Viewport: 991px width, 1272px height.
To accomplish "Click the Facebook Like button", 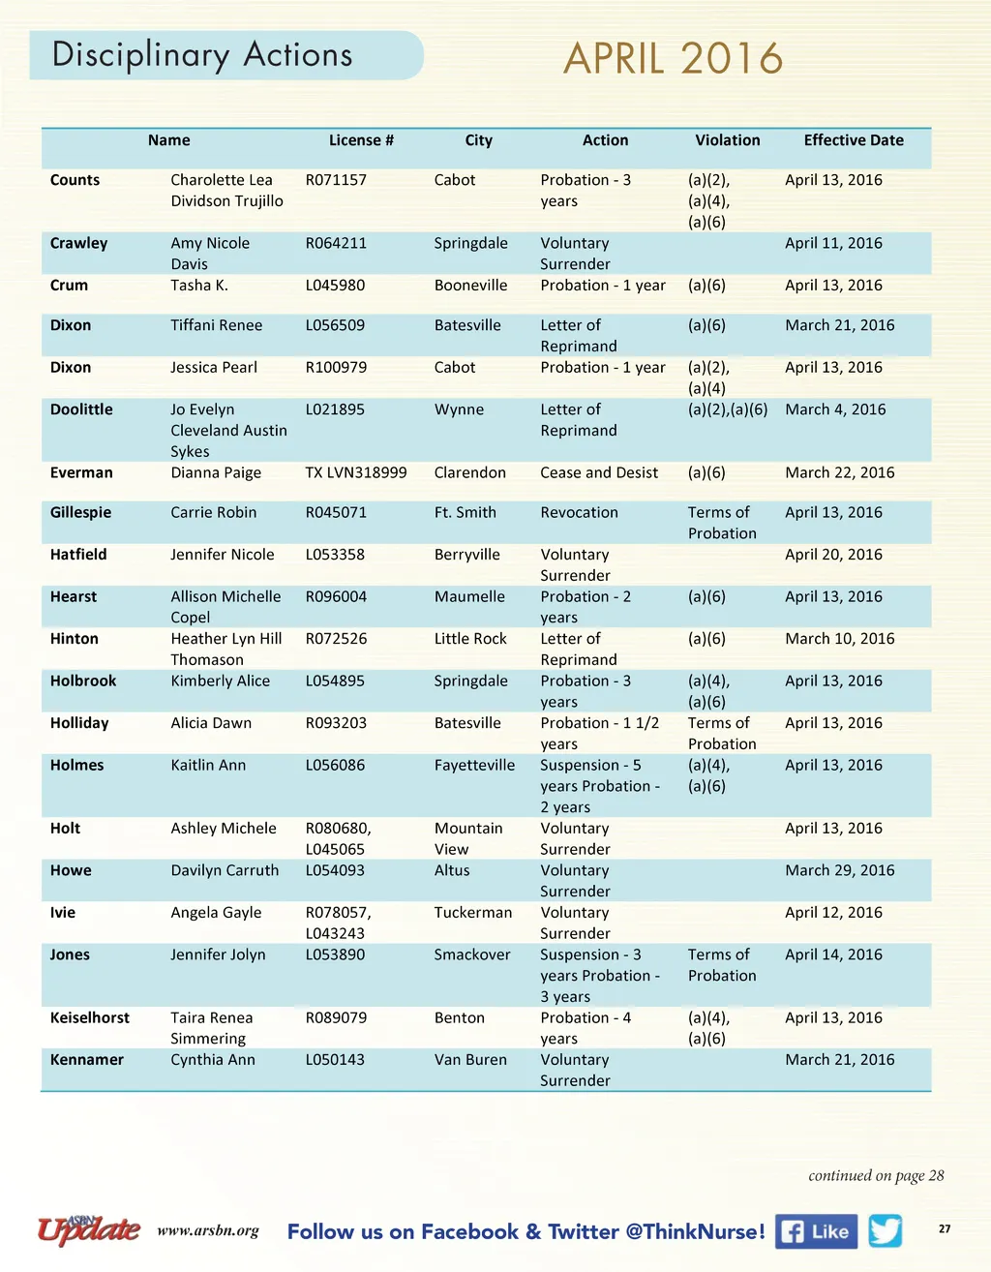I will coord(816,1231).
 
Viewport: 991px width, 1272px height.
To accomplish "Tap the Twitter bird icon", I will coord(886,1230).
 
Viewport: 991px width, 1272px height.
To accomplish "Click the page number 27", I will coord(945,1228).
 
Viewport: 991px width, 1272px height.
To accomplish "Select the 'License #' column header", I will coord(361,140).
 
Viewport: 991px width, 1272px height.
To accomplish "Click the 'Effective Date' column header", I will coord(854,140).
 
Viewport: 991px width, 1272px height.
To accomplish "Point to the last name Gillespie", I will coord(80,512).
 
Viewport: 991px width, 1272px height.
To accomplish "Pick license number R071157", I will coord(336,180).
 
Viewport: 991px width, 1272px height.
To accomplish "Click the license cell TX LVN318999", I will coord(356,472).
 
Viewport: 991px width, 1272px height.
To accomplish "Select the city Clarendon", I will coord(469,472).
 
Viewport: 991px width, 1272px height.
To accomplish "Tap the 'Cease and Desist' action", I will coord(599,472).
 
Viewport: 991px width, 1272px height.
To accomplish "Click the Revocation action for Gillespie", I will coord(579,512).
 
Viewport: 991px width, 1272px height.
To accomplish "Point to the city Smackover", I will coord(472,954).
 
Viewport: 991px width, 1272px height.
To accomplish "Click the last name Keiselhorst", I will coord(90,1017).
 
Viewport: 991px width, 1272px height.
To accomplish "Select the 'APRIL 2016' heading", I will coord(673,59).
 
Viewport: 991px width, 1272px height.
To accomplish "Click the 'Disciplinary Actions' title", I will coord(202,55).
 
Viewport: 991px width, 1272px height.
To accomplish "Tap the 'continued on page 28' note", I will coord(876,1175).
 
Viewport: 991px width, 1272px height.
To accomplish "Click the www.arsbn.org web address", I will coord(208,1231).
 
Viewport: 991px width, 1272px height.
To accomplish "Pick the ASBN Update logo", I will coord(89,1228).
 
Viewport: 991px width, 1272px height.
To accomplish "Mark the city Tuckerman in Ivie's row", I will coord(473,912).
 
